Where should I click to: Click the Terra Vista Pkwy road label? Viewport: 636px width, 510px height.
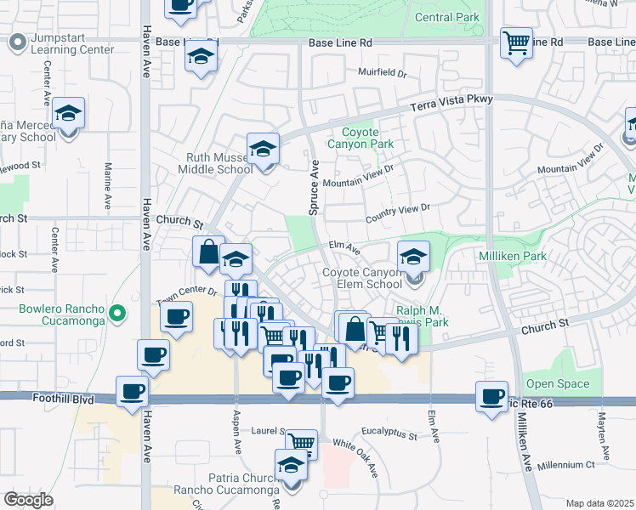tap(451, 102)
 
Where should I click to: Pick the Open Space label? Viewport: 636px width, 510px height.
tap(557, 384)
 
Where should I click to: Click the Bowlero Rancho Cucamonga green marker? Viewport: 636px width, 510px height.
tap(119, 314)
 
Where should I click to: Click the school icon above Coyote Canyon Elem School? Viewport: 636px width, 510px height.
tap(413, 257)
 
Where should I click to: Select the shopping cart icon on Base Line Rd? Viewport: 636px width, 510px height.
tap(516, 42)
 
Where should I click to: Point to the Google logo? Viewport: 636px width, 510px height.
tap(28, 500)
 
